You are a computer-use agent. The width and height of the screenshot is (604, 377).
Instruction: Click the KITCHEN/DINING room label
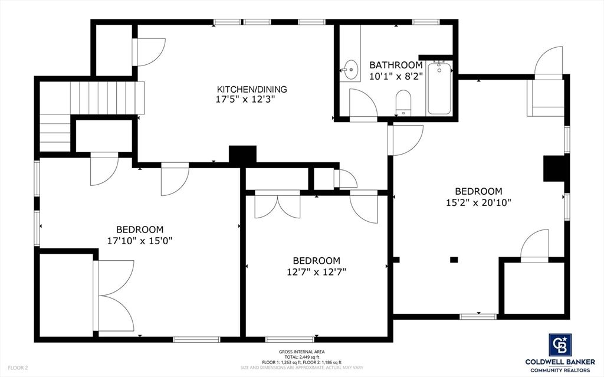tap(251, 90)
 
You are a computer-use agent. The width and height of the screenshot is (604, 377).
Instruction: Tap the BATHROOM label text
tap(396, 65)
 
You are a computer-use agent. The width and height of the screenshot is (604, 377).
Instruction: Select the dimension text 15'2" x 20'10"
tap(478, 202)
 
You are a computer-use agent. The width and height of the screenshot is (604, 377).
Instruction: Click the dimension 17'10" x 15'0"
tap(140, 240)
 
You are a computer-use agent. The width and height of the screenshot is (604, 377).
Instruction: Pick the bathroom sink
tap(350, 70)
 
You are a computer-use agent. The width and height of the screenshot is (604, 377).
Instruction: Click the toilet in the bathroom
tap(403, 101)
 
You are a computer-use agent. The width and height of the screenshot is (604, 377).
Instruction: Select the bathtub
tap(439, 88)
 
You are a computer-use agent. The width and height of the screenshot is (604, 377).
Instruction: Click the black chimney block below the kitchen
tap(242, 155)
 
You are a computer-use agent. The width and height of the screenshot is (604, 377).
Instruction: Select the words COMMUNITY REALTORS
tap(560, 369)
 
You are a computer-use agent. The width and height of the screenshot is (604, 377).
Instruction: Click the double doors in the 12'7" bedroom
tap(281, 206)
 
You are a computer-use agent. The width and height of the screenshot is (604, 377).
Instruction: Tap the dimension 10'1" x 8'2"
tap(396, 76)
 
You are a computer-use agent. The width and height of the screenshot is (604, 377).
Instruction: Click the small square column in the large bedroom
tap(454, 259)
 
